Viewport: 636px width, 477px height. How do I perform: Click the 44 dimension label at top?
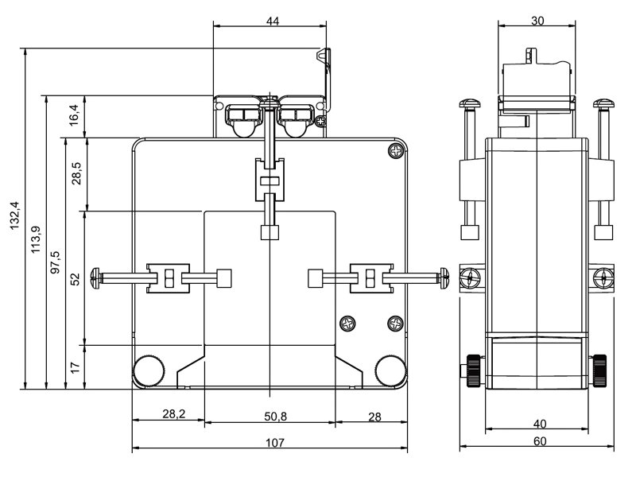click(x=273, y=21)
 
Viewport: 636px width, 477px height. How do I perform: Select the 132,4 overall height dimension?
click(x=15, y=215)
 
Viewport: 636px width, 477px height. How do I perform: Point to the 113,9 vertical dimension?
click(x=36, y=239)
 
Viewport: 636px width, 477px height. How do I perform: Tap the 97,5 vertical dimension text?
click(x=55, y=262)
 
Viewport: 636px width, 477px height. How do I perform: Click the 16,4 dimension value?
click(x=74, y=115)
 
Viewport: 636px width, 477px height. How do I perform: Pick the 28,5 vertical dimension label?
click(x=76, y=173)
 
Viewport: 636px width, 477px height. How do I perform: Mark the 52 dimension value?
click(x=76, y=279)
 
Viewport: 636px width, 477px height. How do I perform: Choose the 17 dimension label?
click(x=76, y=367)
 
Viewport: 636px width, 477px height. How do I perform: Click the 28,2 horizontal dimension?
click(x=173, y=413)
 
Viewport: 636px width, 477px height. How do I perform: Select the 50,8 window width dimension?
click(x=275, y=416)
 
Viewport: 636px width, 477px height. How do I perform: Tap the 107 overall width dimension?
click(x=275, y=442)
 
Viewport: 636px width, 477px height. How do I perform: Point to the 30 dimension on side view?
click(x=537, y=21)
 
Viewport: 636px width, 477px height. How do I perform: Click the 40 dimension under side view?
click(x=540, y=424)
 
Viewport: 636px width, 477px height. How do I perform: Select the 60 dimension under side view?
click(x=540, y=441)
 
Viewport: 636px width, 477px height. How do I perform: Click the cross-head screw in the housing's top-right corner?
click(x=396, y=151)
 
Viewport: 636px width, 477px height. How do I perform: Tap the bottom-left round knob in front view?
click(x=149, y=370)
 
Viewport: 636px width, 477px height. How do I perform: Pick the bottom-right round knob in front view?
click(x=390, y=370)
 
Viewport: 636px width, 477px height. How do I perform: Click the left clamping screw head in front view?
click(x=95, y=278)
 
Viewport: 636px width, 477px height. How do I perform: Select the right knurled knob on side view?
click(x=599, y=370)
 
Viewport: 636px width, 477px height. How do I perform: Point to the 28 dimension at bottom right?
click(x=374, y=417)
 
